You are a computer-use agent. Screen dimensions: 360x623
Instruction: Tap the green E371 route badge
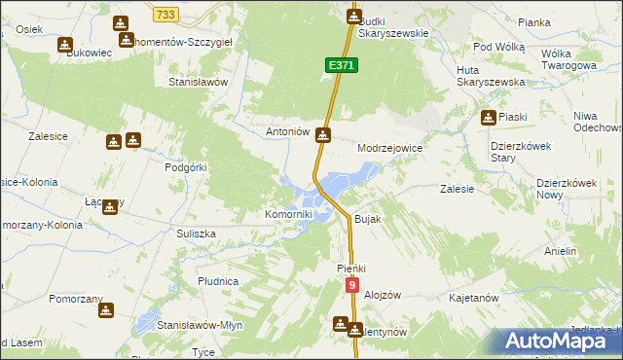(x=341, y=64)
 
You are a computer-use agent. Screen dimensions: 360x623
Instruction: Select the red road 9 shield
(x=352, y=285)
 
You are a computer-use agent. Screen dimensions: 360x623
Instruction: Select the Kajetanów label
(x=474, y=297)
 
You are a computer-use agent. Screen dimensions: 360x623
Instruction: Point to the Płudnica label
(x=218, y=281)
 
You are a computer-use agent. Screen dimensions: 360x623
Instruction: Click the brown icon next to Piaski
(x=488, y=118)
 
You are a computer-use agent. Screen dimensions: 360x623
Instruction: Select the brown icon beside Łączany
(x=112, y=206)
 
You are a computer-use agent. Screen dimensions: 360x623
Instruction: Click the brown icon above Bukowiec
(x=64, y=44)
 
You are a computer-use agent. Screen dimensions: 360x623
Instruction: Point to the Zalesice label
(x=48, y=137)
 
